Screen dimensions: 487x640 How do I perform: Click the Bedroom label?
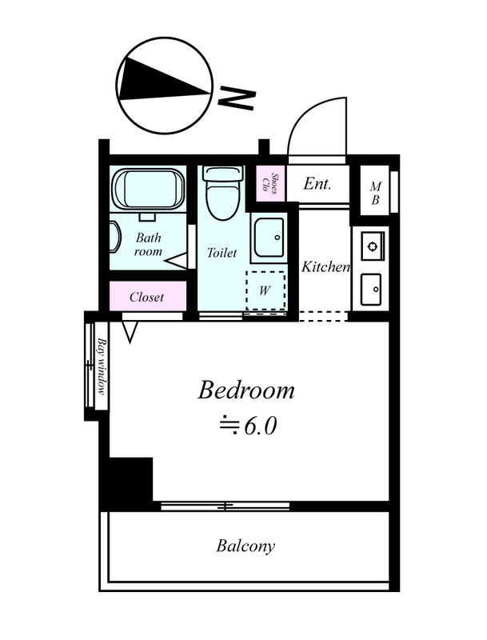[246, 390]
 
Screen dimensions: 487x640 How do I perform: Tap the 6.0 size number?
[260, 426]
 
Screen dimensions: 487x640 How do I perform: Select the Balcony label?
[245, 546]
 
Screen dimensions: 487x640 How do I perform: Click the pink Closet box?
[148, 296]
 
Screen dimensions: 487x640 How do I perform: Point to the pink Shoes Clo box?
[271, 183]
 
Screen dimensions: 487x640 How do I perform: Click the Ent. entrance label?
[317, 184]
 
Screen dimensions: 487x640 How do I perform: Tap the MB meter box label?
[375, 194]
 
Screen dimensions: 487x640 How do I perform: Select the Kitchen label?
[325, 267]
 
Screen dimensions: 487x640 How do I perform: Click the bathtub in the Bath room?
[149, 189]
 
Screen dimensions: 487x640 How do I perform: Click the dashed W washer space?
[265, 290]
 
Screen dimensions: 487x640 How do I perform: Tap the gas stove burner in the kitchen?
[372, 246]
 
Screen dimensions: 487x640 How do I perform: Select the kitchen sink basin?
[371, 290]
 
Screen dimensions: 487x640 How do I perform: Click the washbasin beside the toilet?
[269, 237]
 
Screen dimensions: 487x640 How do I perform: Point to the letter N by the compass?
[237, 98]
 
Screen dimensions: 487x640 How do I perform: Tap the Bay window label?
[102, 366]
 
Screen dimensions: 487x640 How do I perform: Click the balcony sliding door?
[226, 506]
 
